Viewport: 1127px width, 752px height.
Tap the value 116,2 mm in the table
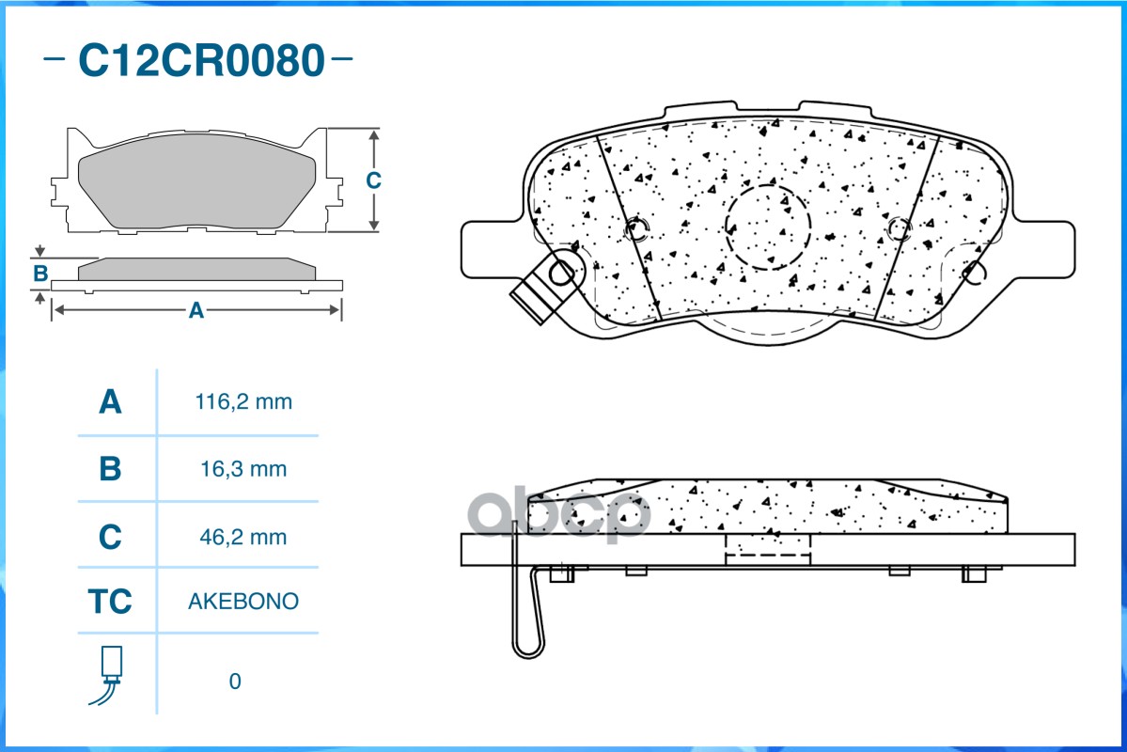[x=243, y=402]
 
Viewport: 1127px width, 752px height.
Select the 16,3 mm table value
[x=243, y=469]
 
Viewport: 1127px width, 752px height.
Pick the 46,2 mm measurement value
[x=243, y=537]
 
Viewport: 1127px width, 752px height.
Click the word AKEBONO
[x=243, y=602]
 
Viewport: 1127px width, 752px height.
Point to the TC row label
[x=110, y=602]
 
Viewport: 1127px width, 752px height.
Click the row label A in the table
[x=110, y=402]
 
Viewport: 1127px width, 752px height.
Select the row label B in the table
[x=110, y=469]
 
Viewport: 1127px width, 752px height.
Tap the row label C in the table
[x=110, y=537]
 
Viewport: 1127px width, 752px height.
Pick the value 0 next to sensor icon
[x=235, y=681]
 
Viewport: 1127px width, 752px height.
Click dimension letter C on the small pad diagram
[x=373, y=180]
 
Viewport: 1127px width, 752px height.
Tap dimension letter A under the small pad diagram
[x=196, y=310]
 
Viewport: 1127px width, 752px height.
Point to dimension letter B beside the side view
[x=40, y=274]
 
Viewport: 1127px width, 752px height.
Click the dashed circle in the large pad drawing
[x=768, y=227]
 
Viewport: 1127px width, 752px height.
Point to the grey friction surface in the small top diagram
[x=197, y=188]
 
